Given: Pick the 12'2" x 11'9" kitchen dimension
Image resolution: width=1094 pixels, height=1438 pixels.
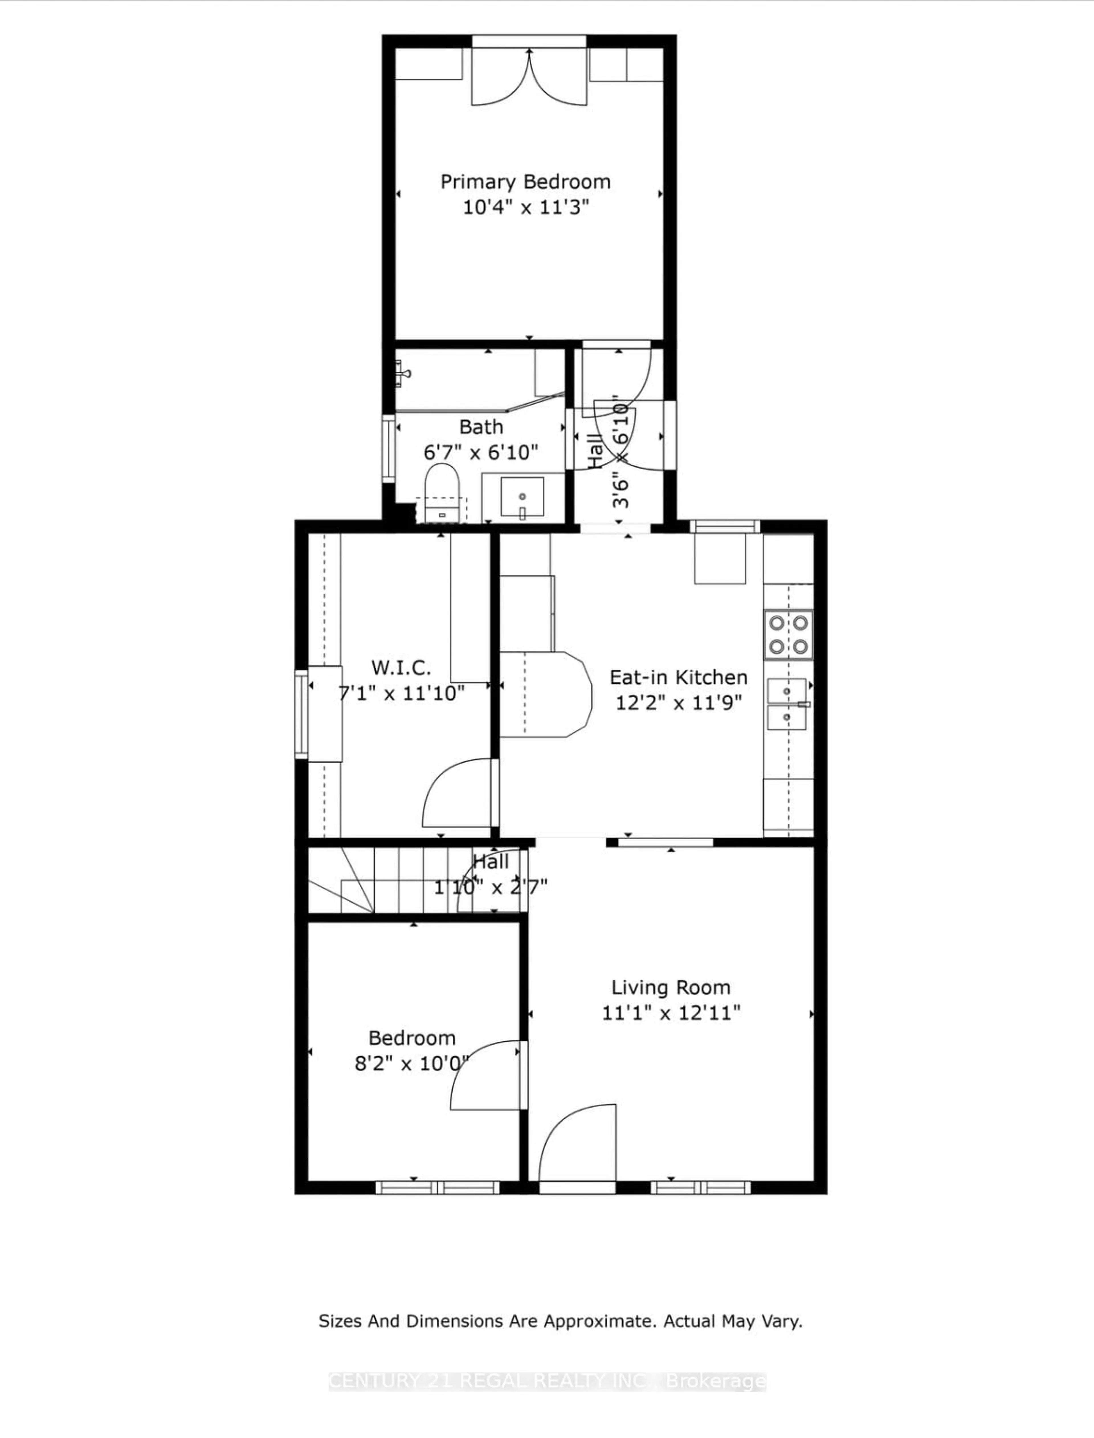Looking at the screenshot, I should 678,703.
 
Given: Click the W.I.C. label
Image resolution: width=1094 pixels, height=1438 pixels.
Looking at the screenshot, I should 401,667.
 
